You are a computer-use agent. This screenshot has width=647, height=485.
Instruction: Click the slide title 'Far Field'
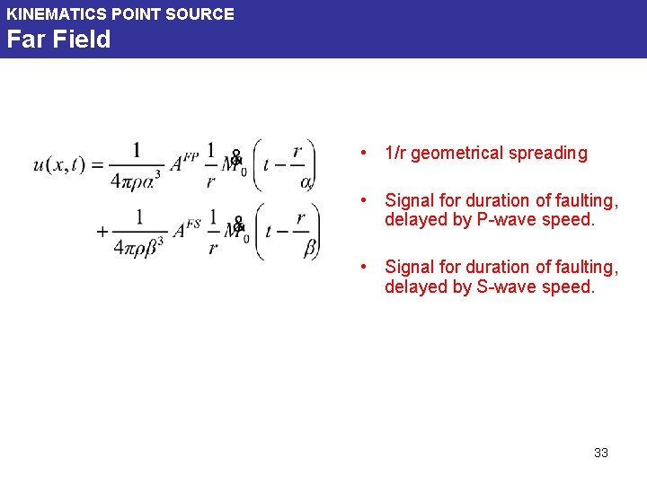pos(58,40)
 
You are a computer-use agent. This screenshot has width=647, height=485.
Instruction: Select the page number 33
pos(601,453)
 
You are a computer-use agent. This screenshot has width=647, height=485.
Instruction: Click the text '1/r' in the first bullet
pos(394,154)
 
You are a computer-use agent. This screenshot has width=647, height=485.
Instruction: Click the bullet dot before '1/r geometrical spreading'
pos(361,153)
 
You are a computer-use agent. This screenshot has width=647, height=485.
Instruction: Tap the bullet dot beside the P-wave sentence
pos(361,200)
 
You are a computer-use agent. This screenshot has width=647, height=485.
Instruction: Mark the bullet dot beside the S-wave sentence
pos(361,267)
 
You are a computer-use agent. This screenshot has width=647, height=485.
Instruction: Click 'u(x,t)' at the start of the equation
pos(59,163)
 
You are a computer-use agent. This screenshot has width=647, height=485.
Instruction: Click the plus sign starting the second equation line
pos(102,231)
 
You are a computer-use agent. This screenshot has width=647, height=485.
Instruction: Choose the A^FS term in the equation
pos(186,229)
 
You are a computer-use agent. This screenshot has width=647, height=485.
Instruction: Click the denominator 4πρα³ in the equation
pos(137,178)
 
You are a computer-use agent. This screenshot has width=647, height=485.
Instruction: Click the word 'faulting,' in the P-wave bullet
pos(589,200)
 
